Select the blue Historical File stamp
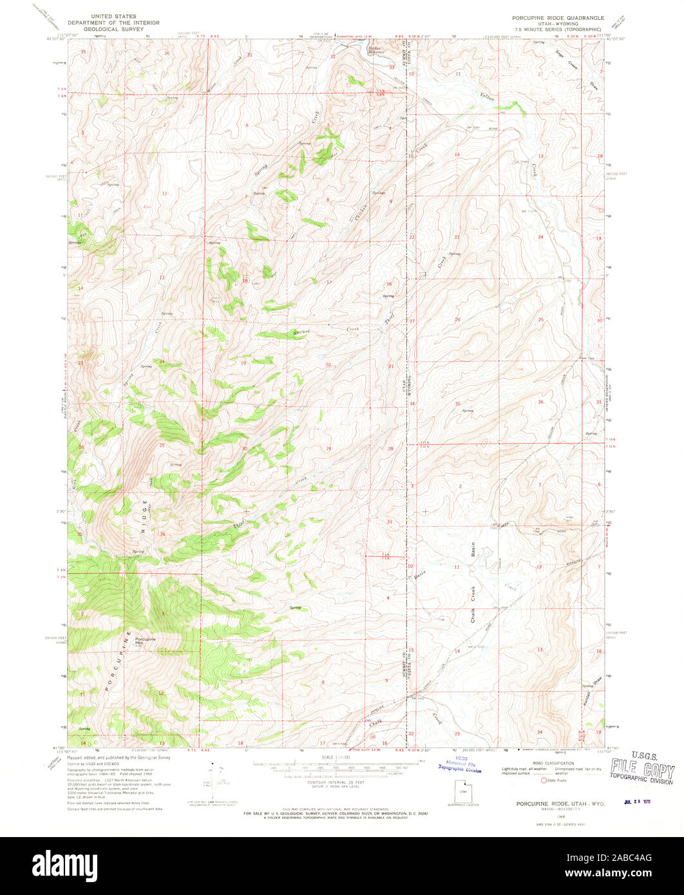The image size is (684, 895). point(459,764)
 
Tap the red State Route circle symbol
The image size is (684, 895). point(544,780)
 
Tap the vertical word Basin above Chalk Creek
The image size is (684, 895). point(473,550)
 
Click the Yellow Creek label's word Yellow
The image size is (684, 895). point(486,97)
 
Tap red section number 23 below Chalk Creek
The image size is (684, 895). point(457,733)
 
